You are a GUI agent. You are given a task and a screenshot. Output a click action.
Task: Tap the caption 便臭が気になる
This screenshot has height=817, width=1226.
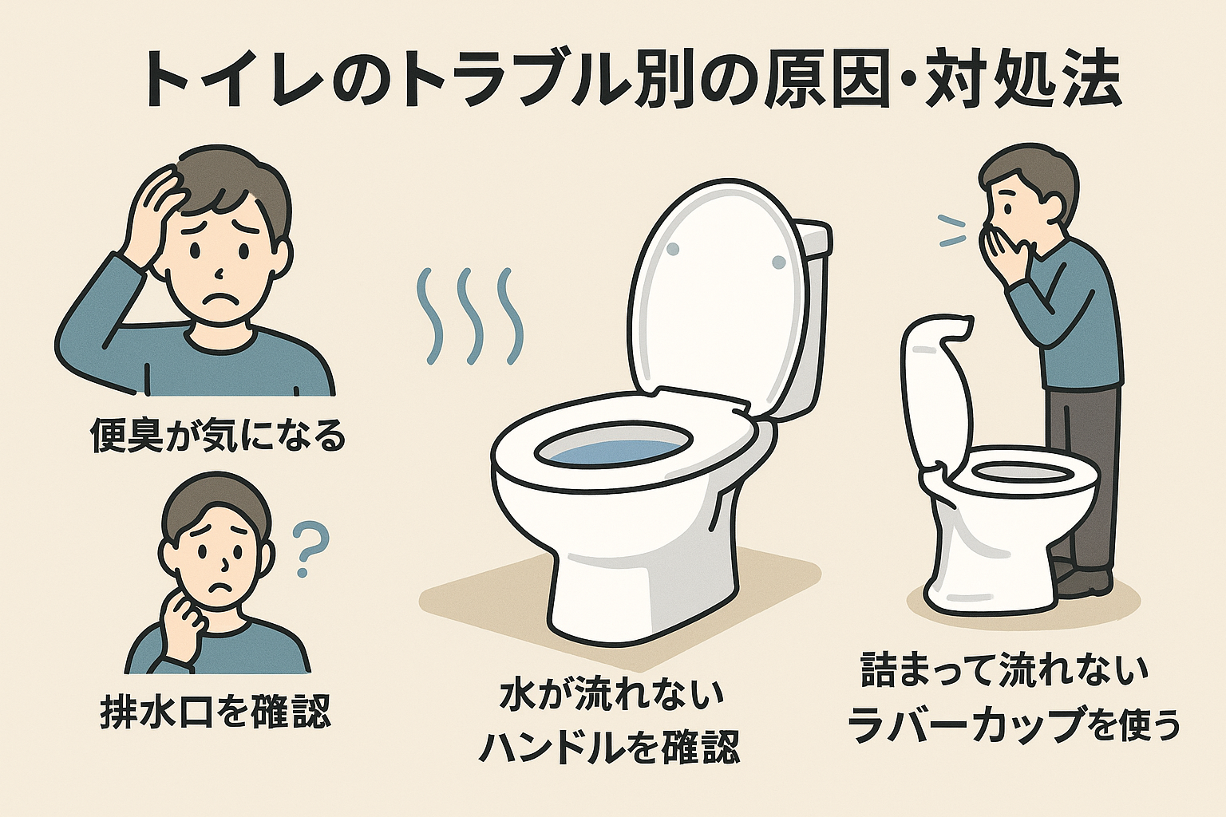pyautogui.click(x=217, y=436)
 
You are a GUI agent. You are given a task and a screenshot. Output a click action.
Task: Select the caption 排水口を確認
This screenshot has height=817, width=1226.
pyautogui.click(x=216, y=710)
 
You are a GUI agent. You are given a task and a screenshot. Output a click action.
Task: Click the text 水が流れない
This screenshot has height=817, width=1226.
pyautogui.click(x=611, y=696)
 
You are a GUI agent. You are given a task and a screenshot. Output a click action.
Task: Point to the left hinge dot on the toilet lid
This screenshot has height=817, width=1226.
pyautogui.click(x=672, y=249)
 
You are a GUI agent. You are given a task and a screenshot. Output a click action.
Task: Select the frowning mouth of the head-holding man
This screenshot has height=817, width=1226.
pyautogui.click(x=217, y=302)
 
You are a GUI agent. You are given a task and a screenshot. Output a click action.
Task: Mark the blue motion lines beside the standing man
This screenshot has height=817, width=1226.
pyautogui.click(x=951, y=231)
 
